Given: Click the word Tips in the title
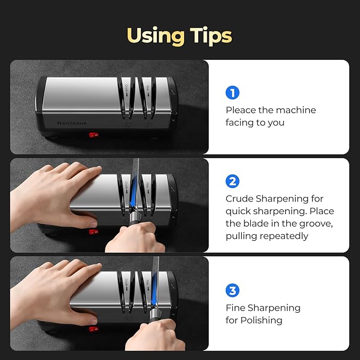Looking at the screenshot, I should coord(210,36).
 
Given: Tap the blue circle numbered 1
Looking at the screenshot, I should coord(232,93).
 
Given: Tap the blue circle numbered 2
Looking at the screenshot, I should coord(232,181).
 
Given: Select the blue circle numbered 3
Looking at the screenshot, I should coord(232,291).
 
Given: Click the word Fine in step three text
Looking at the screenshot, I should coord(235,308).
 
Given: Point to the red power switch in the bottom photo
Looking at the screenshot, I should coord(94,329).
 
